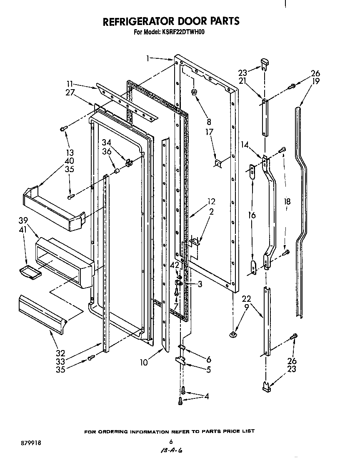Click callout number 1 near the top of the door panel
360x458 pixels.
[148, 59]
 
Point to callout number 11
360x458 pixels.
[72, 84]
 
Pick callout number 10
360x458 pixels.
[144, 363]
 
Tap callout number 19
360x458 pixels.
[315, 81]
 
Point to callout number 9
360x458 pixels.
[247, 308]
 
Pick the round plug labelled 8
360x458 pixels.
[194, 92]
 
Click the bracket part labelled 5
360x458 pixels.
[180, 361]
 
